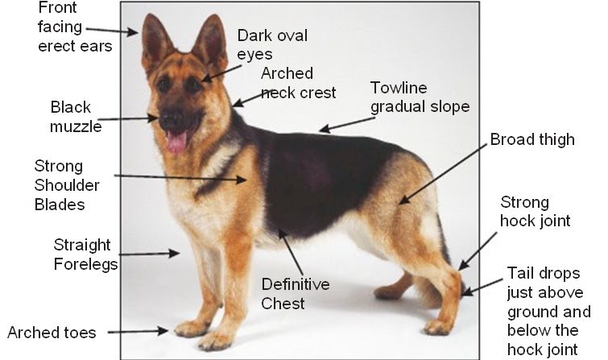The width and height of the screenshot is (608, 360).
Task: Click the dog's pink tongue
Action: (176, 141)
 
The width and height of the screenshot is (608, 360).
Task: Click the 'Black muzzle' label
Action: (76, 117)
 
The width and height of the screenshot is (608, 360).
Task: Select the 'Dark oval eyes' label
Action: (272, 44)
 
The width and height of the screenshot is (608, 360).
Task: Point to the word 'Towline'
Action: (399, 88)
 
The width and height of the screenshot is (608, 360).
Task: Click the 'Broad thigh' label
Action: (532, 139)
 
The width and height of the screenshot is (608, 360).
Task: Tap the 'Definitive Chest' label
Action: (296, 294)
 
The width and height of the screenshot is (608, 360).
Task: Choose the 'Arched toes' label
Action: (52, 333)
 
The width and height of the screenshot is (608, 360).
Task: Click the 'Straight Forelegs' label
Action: (85, 254)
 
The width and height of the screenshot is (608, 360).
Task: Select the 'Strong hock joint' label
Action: (535, 212)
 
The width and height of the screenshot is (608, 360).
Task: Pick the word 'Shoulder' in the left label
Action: (67, 185)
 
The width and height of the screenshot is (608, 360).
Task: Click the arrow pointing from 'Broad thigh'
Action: (443, 174)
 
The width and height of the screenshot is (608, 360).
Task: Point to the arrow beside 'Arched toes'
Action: (138, 331)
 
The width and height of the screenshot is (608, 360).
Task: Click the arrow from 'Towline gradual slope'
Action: (347, 125)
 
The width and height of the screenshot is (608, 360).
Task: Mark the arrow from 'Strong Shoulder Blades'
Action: (180, 178)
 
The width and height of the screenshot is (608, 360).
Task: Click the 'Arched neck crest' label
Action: (298, 83)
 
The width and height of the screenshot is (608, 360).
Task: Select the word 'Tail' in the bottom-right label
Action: (519, 273)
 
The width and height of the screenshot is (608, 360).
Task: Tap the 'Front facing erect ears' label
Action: (75, 27)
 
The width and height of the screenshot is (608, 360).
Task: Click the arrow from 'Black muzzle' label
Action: (127, 118)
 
